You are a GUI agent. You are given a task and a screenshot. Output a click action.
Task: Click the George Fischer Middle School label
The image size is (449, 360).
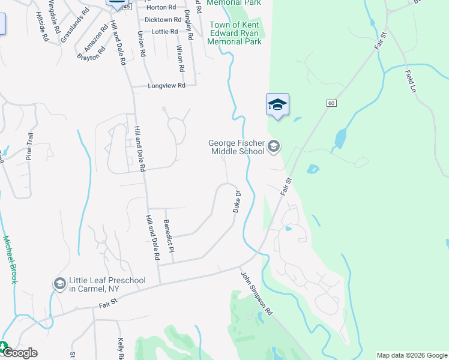[236, 147]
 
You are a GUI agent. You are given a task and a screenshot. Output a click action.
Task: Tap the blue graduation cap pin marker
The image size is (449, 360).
[277, 106]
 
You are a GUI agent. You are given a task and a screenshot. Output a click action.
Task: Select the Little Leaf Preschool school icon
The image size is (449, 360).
[59, 283]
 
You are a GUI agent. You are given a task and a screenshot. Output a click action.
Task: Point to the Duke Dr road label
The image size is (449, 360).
[237, 202]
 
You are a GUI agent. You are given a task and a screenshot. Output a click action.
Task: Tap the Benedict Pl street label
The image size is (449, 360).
[169, 232]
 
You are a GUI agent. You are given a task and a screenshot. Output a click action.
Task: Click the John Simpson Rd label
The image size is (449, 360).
[257, 293]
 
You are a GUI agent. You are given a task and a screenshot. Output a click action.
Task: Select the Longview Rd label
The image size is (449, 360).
[166, 86]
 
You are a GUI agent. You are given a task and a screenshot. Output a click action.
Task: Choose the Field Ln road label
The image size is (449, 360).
[411, 79]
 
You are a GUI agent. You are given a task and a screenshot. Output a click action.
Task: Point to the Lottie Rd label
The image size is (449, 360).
[165, 31]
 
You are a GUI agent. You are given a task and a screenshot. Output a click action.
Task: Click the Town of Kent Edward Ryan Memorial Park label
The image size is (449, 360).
[235, 33]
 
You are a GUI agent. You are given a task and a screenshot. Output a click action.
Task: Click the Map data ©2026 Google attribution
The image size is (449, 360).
[411, 355]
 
